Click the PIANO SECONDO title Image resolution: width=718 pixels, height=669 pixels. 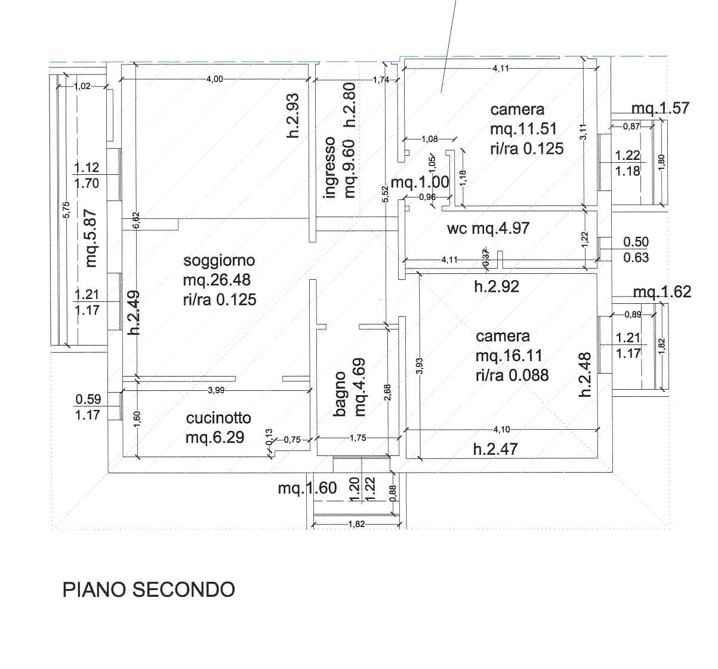coord(149,590)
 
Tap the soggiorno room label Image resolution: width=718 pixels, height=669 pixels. coord(219,260)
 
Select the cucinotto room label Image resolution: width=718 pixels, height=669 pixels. coord(218,418)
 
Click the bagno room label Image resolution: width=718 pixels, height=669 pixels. coord(340,394)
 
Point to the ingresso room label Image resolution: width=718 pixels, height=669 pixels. coord(329,168)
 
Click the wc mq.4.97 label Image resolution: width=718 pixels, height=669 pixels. coord(488,228)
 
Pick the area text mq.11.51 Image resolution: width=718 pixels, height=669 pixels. coord(523,129)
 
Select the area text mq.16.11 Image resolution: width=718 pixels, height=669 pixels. coord(509,356)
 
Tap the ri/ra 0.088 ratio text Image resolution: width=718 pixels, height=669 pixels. coord(512,375)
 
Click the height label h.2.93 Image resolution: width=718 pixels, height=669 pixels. coord(293,115)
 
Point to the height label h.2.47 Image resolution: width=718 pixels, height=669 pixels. coord(495,449)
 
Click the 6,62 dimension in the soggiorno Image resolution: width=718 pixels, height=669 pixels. coord(136,220)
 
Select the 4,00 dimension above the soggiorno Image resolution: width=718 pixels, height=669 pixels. coord(215,79)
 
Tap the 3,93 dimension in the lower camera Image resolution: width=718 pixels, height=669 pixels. coord(420,366)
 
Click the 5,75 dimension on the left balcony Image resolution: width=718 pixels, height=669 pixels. coord(66,209)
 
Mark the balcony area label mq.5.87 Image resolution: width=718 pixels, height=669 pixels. coord(91,238)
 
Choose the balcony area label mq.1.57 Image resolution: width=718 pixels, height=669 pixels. coord(661,108)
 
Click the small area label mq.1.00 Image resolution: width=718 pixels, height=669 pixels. coord(420,183)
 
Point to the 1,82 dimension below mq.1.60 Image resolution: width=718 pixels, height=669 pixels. coord(356,524)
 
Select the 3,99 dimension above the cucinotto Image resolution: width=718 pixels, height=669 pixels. coord(216,390)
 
